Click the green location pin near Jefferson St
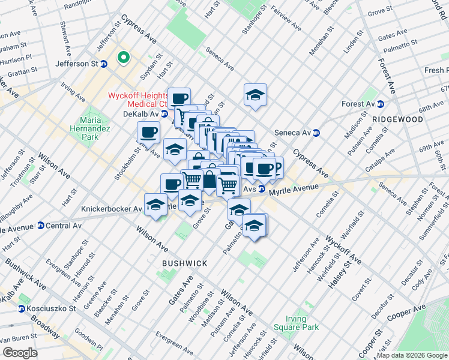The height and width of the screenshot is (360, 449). (124, 58)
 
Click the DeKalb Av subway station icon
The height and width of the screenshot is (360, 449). (164, 113)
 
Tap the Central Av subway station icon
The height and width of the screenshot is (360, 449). (41, 226)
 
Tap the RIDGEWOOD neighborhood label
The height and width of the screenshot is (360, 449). (397, 119)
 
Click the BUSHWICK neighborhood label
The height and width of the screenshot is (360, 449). (185, 263)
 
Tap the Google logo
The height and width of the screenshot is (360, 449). (20, 353)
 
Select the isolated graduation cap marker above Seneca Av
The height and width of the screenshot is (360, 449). (255, 95)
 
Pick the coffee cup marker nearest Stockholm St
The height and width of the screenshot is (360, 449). (148, 132)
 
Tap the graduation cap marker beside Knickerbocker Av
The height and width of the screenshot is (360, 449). (155, 205)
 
